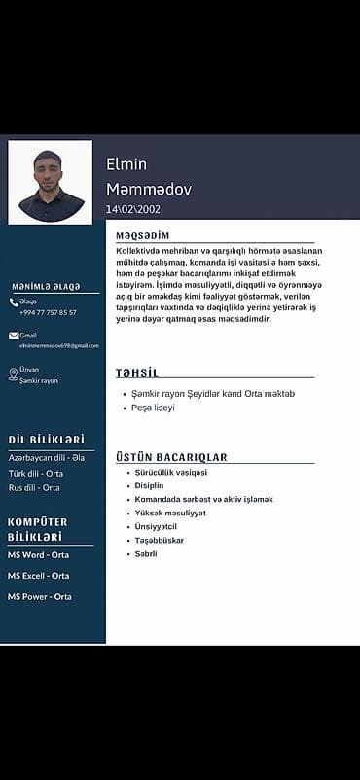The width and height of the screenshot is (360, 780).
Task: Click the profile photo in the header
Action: coord(50,182)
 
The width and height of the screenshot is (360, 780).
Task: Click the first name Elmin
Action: coord(126,164)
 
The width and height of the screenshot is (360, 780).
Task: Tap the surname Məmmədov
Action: coord(149,188)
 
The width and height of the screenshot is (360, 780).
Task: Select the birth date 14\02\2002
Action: coord(133,209)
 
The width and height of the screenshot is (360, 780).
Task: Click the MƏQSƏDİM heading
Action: coord(142,236)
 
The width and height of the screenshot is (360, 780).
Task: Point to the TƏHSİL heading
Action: coord(137,373)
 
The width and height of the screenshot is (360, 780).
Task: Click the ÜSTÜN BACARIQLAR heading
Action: coord(171,457)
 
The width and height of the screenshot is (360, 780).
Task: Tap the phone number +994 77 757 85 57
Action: coord(48,312)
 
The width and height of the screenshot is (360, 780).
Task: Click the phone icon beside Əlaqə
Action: coord(14,302)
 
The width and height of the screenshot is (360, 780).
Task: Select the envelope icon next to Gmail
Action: coord(14,336)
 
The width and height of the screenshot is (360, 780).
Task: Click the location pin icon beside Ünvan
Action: coord(14,374)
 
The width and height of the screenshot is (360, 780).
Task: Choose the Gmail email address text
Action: coord(59,345)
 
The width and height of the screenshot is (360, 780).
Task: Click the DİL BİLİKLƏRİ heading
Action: coord(46,440)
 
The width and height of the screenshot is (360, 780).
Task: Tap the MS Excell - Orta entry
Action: coord(38,576)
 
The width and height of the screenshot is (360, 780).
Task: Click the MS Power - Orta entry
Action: coord(39,596)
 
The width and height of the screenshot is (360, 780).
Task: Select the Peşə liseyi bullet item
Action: coord(154,408)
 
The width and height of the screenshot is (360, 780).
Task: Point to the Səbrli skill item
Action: coord(146,553)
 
